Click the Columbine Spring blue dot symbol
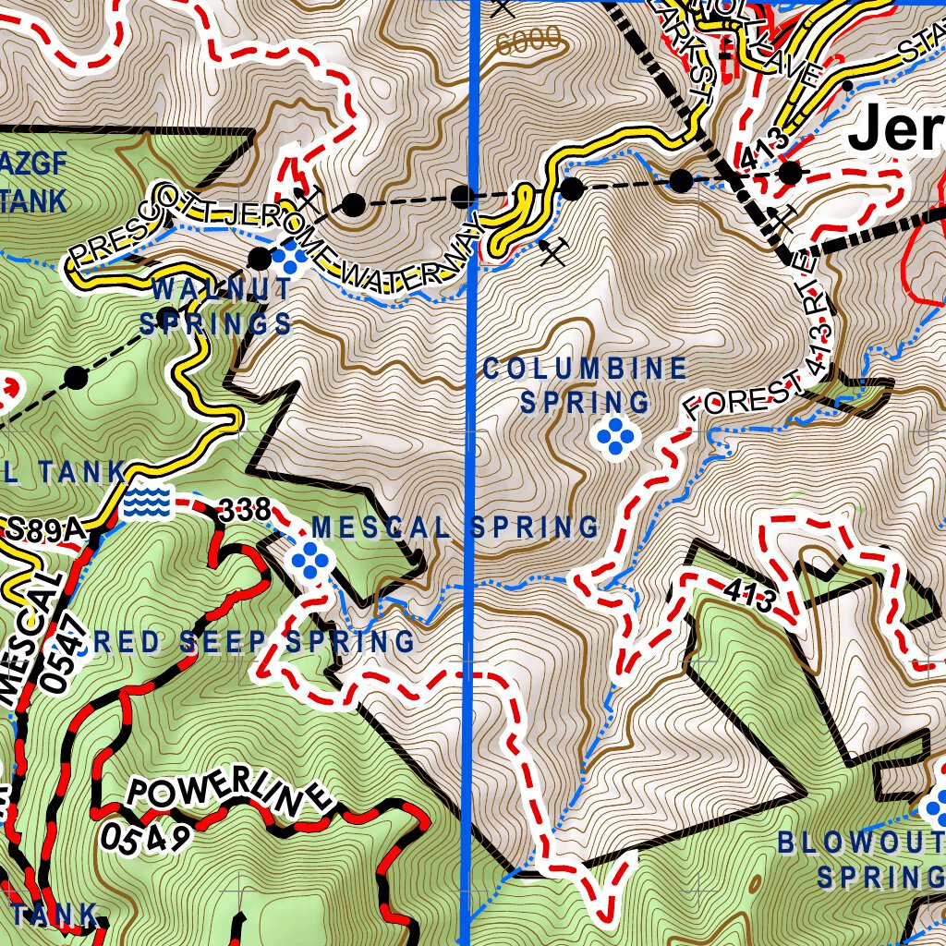615,436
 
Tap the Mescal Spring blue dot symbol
310,559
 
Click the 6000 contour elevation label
528,40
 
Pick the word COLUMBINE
585,370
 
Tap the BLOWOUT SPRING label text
860,859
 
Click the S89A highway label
44,530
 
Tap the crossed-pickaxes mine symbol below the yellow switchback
553,251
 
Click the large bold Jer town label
894,130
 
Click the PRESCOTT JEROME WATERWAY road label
277,242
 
